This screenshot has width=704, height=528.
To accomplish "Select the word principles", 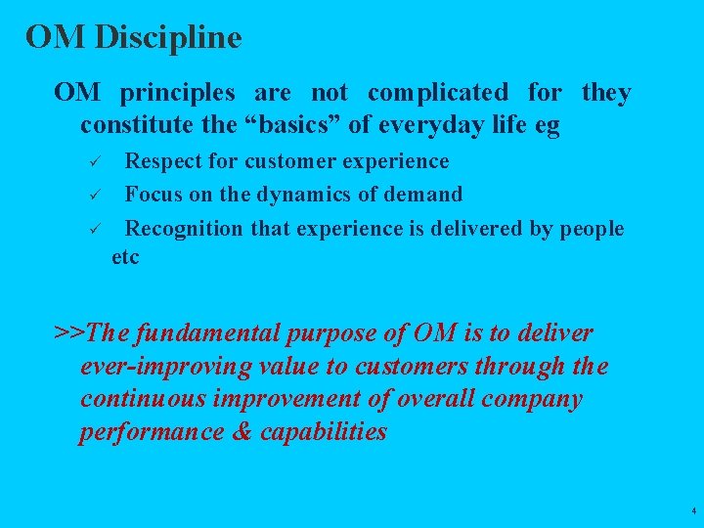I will (x=177, y=93).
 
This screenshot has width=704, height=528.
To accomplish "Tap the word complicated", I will (x=438, y=93).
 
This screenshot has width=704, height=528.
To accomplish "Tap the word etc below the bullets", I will (x=126, y=257).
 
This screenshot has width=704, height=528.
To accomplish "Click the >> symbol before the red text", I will (x=69, y=333).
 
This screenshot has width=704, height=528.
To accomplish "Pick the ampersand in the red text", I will (x=242, y=432).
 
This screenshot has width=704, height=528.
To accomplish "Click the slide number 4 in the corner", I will (x=692, y=511).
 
